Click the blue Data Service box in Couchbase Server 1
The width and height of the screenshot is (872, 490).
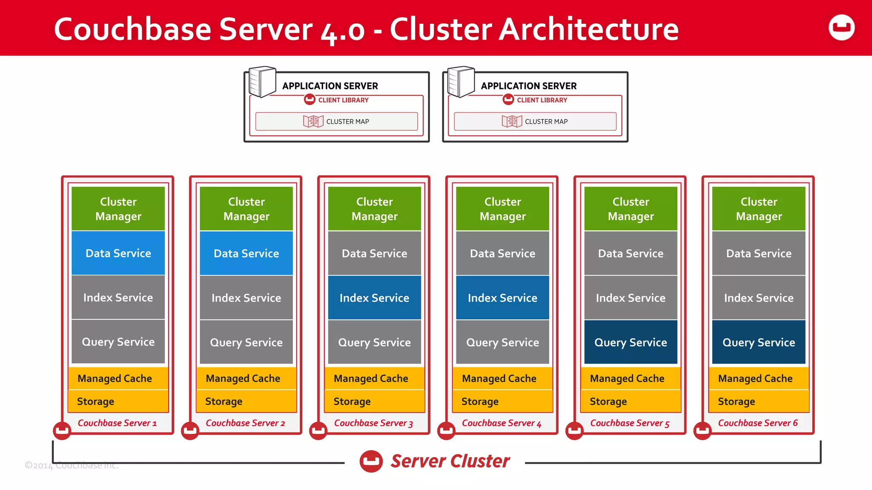pos(118,253)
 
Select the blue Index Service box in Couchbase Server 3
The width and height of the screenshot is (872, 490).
pos(374,298)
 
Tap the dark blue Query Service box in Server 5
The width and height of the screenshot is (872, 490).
pos(631,342)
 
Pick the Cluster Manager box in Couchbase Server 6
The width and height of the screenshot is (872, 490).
pos(759,209)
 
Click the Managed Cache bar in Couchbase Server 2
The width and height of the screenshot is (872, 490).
pos(246,378)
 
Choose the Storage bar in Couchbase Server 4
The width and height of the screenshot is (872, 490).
pos(502,401)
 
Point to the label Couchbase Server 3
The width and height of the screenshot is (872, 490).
pos(373,423)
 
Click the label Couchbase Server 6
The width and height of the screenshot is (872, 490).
pos(758,423)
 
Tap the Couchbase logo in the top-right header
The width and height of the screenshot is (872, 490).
pos(841,28)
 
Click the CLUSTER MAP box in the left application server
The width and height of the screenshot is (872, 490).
pos(336,121)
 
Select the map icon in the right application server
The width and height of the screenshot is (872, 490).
pos(512,121)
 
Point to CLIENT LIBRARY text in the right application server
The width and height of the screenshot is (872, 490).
pos(542,100)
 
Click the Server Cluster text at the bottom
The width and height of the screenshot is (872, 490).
pos(450,461)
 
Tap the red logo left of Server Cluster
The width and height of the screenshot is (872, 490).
pos(371,461)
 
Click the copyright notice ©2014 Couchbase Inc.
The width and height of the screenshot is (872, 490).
pos(72,465)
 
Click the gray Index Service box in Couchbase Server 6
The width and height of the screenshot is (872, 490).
pos(759,298)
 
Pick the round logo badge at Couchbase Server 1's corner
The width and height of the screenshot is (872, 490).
pos(62,430)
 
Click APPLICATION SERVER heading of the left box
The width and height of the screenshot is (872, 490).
pos(330,86)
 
